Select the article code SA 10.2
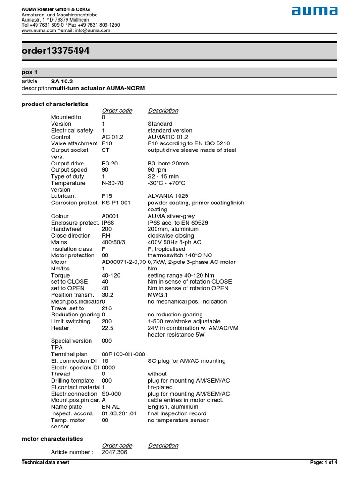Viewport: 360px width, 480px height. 62,82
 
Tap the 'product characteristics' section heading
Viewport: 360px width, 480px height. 55,104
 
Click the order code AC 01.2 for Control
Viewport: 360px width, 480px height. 112,137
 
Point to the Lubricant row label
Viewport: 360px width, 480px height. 63,196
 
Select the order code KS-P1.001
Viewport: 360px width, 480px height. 116,202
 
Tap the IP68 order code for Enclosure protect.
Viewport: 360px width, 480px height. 109,223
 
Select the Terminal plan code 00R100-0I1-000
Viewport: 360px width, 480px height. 123,354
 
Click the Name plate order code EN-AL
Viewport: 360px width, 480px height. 110,407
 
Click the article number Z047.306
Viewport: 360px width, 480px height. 114,452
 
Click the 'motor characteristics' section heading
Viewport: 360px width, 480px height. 52,439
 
